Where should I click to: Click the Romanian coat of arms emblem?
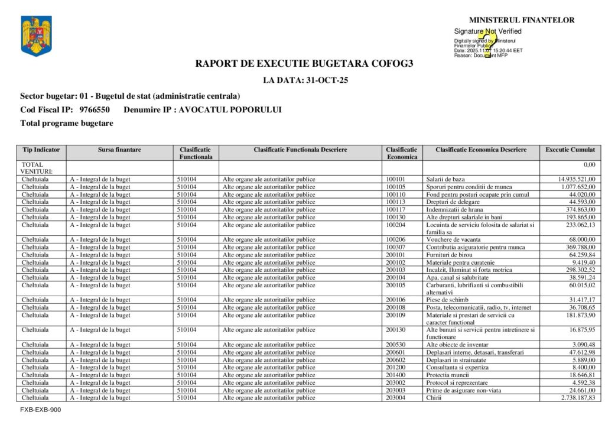click(x=36, y=36)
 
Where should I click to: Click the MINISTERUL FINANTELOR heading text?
click(x=522, y=20)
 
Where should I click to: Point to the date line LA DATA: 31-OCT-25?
click(x=305, y=80)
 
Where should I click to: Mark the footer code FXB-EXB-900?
click(x=40, y=410)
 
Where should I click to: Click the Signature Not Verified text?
click(x=487, y=31)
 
